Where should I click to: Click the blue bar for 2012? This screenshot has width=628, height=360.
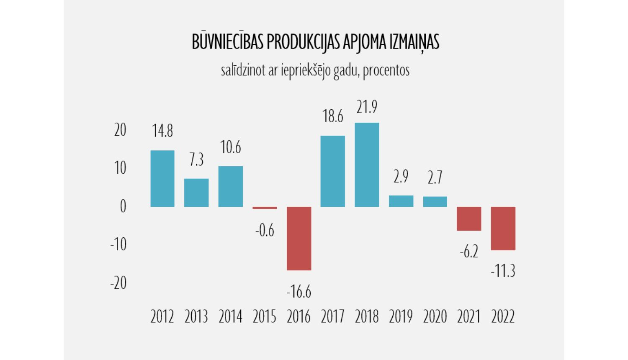click(x=162, y=178)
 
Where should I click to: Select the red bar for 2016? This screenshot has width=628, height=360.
click(x=299, y=238)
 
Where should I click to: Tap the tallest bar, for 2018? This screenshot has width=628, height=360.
click(x=367, y=165)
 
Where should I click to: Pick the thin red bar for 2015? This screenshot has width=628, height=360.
click(x=265, y=208)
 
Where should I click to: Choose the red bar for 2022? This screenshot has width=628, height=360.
click(x=503, y=228)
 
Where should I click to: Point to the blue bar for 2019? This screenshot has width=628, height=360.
click(x=401, y=201)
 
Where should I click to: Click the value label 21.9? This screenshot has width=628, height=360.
click(x=367, y=107)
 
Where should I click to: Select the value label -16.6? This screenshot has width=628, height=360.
click(x=299, y=291)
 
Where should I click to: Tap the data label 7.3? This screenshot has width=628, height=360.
click(x=196, y=160)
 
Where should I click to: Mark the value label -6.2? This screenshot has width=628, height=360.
click(x=469, y=252)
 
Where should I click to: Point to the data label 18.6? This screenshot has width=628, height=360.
click(x=333, y=116)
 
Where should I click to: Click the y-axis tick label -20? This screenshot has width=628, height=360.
click(x=118, y=283)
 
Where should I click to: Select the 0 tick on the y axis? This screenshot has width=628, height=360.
click(x=123, y=206)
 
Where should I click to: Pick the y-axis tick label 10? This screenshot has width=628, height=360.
click(x=120, y=168)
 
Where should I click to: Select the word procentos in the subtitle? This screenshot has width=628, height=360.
click(x=386, y=70)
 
